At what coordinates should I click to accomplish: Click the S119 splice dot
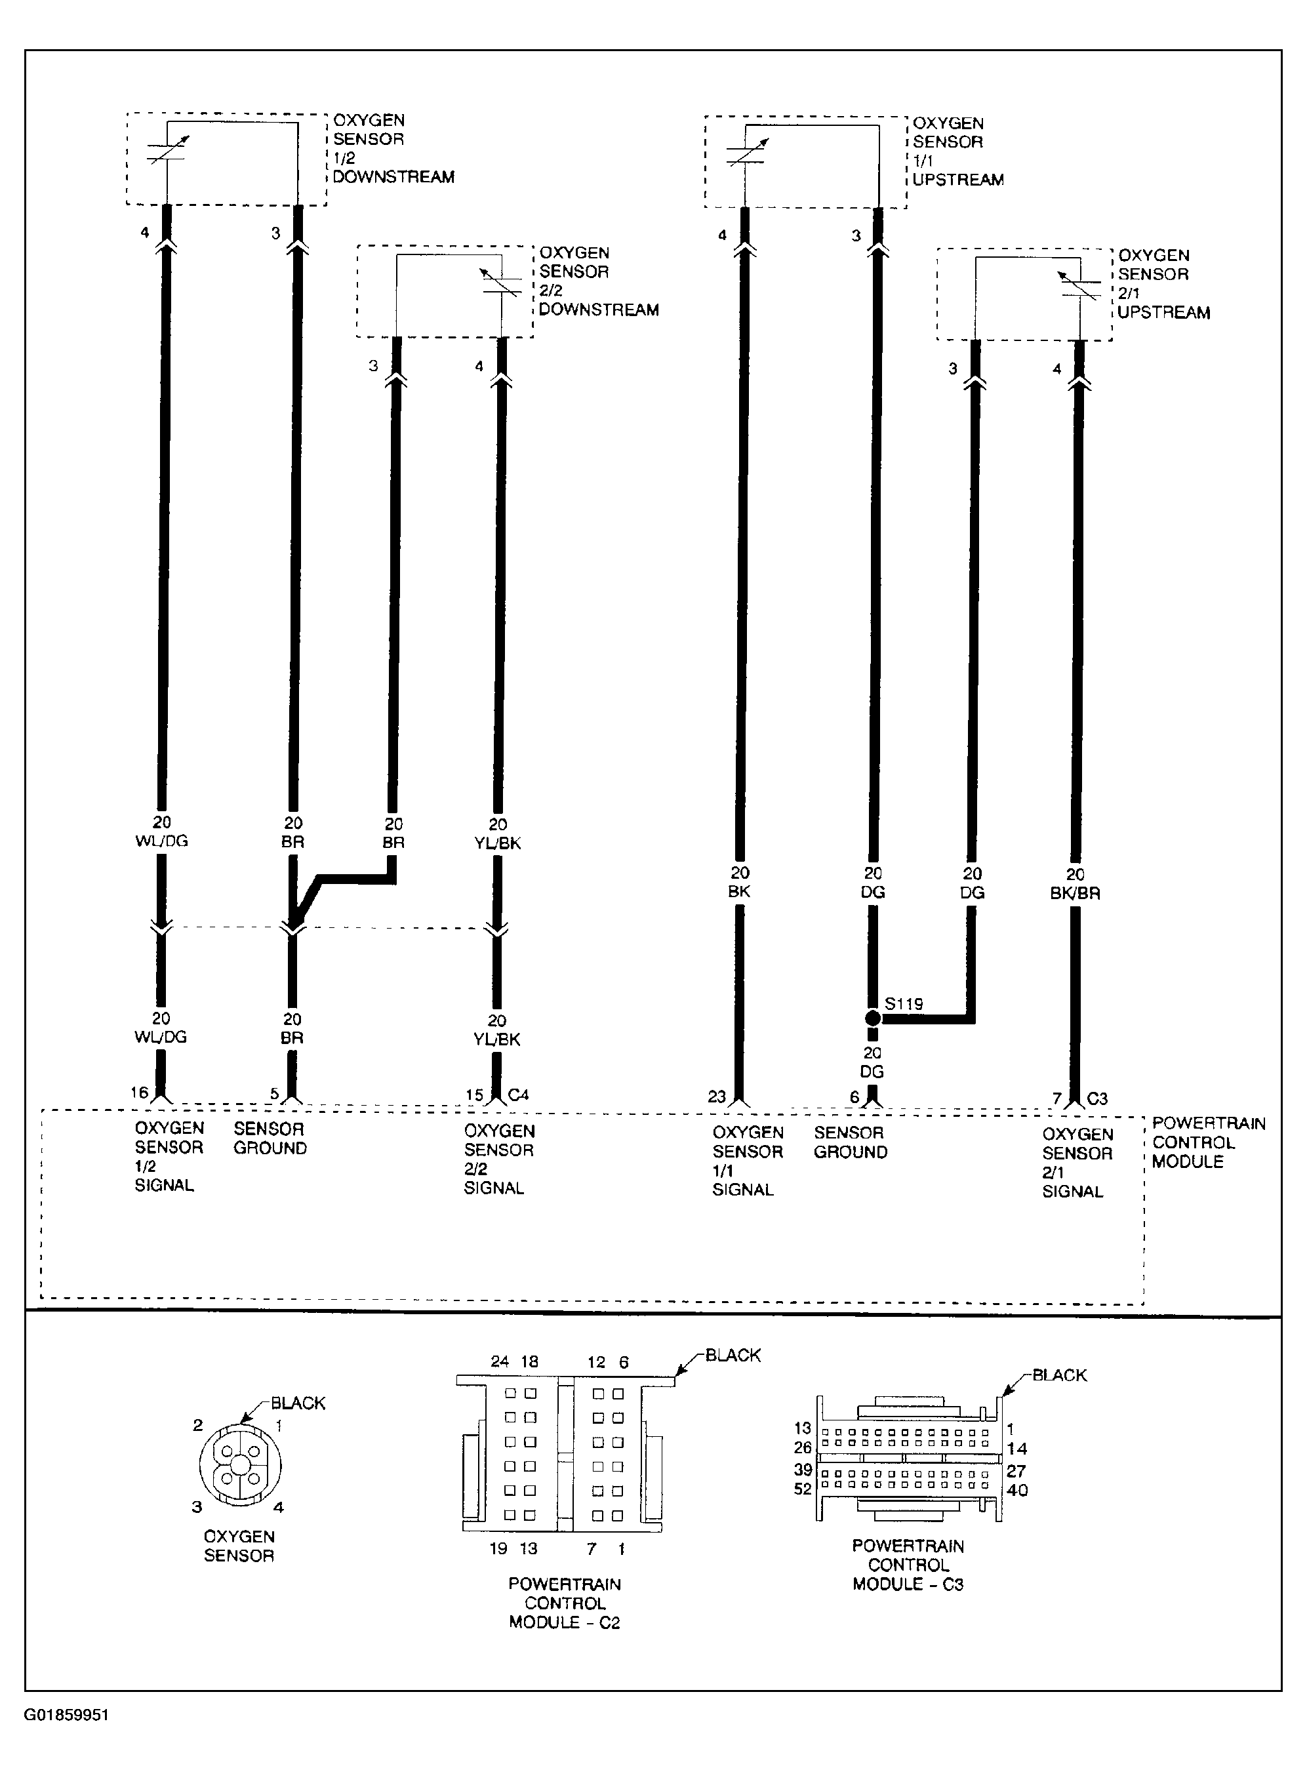pyautogui.click(x=873, y=1018)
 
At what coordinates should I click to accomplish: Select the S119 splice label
pyautogui.click(x=904, y=1004)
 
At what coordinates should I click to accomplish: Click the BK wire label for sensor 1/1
pyautogui.click(x=739, y=891)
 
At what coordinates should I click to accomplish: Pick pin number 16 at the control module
pyautogui.click(x=139, y=1093)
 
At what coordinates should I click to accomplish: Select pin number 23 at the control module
pyautogui.click(x=717, y=1096)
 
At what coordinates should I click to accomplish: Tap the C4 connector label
pyautogui.click(x=518, y=1095)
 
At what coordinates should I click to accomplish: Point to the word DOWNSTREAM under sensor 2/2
pyautogui.click(x=599, y=310)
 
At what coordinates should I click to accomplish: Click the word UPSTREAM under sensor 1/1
pyautogui.click(x=958, y=180)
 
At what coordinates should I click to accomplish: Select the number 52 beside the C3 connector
pyautogui.click(x=803, y=1489)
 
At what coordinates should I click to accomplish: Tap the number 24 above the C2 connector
pyautogui.click(x=499, y=1361)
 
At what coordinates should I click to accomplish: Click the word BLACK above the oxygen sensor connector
pyautogui.click(x=298, y=1403)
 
